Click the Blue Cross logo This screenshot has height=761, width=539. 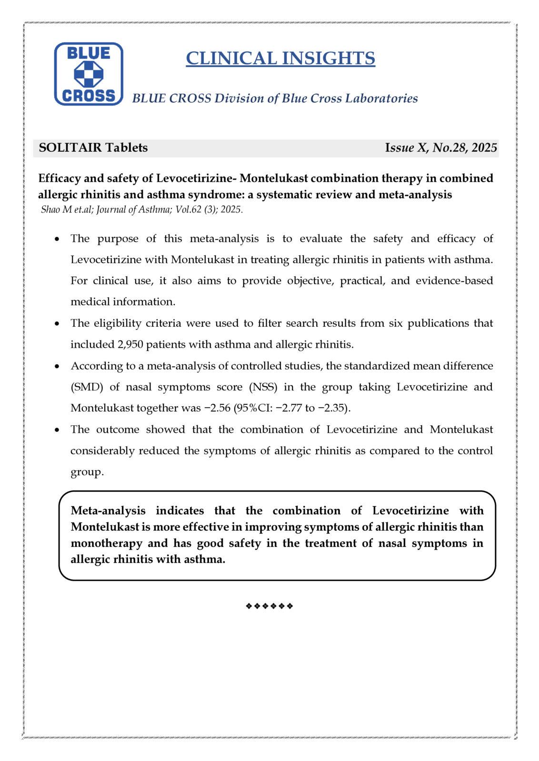89,74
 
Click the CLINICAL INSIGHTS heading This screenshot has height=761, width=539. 280,58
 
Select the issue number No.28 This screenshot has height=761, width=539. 449,147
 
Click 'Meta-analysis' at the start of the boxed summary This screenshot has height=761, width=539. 108,511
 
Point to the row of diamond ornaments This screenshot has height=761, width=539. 269,606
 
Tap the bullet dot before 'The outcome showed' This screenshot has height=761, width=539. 57,430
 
